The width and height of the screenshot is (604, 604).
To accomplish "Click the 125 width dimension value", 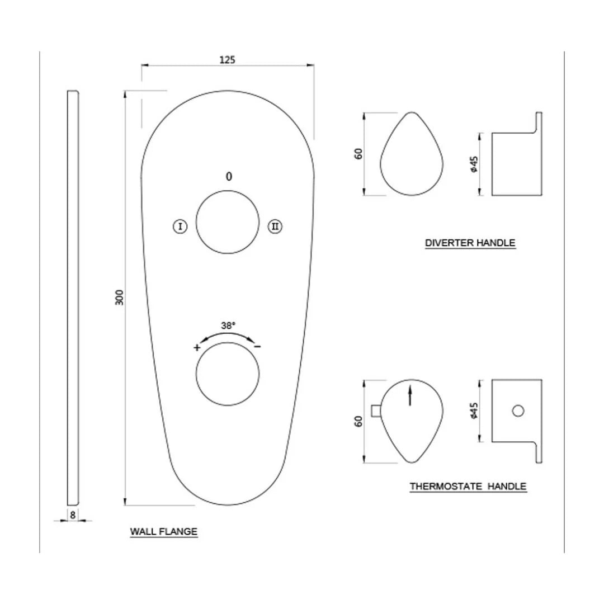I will pos(227,59).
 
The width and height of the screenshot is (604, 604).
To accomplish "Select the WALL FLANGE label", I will pos(164,531).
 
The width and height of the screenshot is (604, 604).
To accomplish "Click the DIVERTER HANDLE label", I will pos(470,243).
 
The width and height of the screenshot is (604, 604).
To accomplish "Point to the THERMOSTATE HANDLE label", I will pos(468,487).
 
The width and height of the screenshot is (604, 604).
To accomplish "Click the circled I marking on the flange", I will pos(180,226).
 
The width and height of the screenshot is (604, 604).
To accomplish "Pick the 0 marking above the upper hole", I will pos(228,177).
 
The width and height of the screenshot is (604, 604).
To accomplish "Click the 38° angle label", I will pos(228,324).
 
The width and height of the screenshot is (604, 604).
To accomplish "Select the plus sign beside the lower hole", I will pos(197,347).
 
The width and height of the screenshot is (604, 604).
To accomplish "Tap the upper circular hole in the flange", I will pos(228,223).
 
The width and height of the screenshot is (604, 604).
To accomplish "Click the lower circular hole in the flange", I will pos(228,373).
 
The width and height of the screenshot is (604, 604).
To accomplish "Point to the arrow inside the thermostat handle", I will pos(410,395).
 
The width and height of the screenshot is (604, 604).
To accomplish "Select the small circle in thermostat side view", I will pos(518,412).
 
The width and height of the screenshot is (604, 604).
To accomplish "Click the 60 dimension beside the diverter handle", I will pos(359,153).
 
